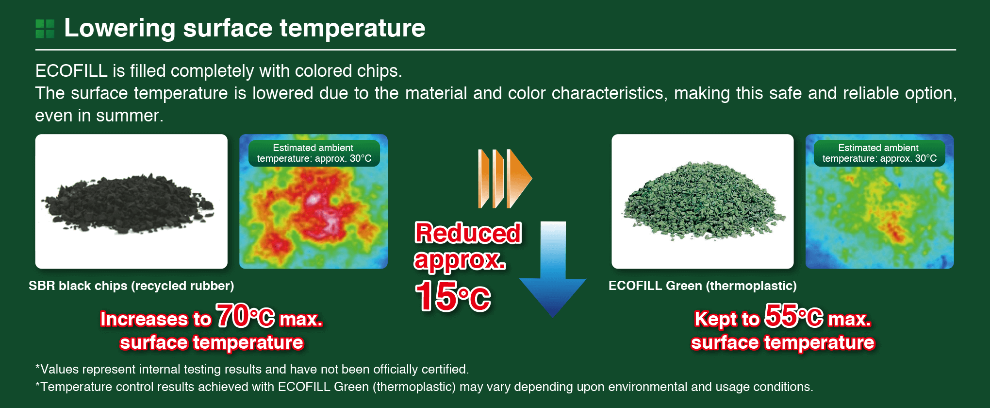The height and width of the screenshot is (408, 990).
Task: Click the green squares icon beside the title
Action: click(x=45, y=29)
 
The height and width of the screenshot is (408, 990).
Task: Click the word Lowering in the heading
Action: click(x=120, y=29)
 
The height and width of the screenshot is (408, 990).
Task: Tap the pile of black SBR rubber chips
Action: click(x=128, y=203)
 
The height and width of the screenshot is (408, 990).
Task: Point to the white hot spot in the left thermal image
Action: click(x=314, y=199)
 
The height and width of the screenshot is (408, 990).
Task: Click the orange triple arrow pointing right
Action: click(x=505, y=178)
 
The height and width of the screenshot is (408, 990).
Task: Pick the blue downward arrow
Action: click(x=553, y=269)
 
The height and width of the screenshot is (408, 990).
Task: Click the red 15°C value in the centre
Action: click(x=453, y=296)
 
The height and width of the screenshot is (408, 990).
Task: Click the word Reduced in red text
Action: click(x=468, y=233)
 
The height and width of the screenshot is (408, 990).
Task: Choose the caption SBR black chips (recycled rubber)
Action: click(x=132, y=286)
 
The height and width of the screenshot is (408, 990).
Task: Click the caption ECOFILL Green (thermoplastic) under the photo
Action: click(x=703, y=286)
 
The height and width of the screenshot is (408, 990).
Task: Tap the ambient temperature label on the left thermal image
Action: click(x=314, y=153)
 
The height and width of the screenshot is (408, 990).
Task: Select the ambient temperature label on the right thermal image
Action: click(x=879, y=153)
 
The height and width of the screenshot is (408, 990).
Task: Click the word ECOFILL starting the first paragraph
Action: click(x=71, y=71)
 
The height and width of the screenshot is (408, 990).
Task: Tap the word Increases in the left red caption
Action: click(x=144, y=319)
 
